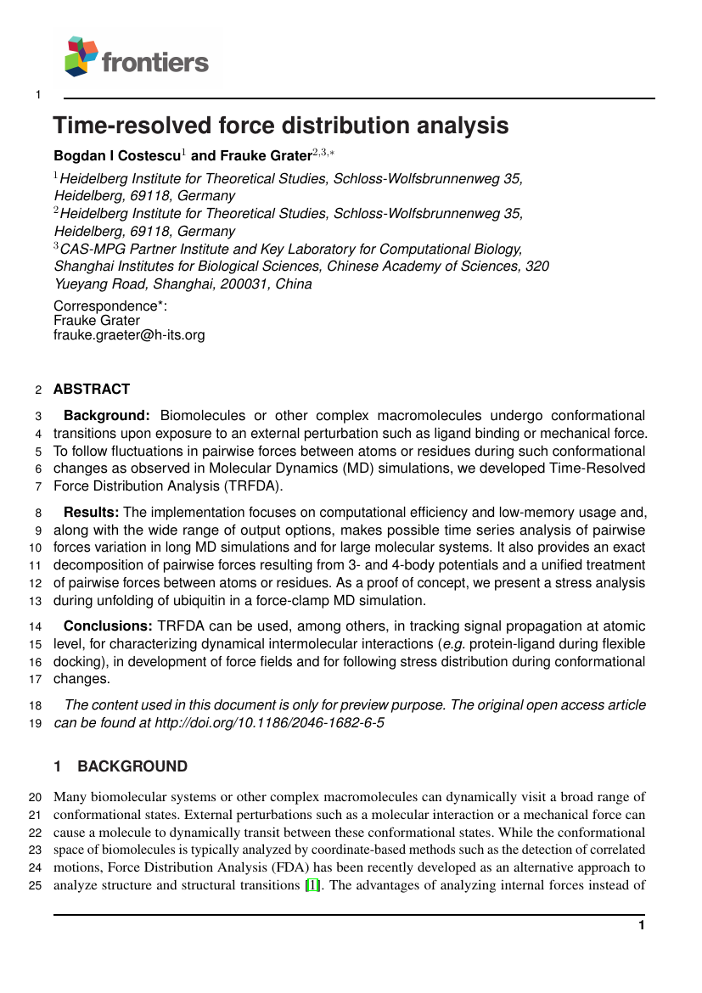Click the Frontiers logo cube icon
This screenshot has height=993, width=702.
[x=80, y=57]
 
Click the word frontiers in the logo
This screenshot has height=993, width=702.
[x=155, y=62]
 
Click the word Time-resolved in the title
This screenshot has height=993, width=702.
[x=132, y=126]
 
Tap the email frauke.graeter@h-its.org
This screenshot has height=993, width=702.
[x=129, y=335]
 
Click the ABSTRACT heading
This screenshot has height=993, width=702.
[x=92, y=389]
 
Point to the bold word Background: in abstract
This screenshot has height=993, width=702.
[x=107, y=416]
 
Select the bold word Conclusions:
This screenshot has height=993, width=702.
[x=108, y=626]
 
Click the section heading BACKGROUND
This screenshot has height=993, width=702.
[x=132, y=766]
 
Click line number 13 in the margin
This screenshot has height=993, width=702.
[x=36, y=601]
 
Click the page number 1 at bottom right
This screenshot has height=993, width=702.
[x=642, y=925]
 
